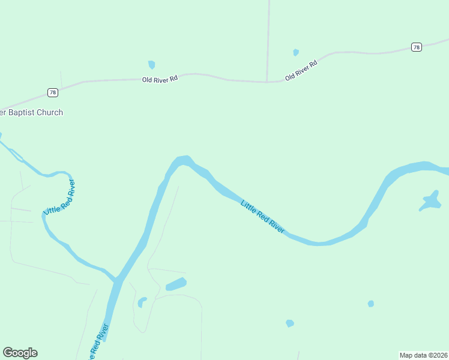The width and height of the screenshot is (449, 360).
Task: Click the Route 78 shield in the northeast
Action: click(417, 47)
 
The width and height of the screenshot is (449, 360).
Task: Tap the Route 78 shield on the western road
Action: click(52, 92)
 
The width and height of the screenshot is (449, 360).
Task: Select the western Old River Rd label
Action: click(160, 79)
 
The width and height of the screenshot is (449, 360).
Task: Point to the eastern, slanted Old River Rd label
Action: click(301, 71)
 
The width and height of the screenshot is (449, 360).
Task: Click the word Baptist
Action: click(25, 112)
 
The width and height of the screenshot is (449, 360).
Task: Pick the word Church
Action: click(51, 112)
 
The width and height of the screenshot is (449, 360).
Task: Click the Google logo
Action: click(20, 353)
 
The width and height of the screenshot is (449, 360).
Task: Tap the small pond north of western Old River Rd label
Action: click(152, 64)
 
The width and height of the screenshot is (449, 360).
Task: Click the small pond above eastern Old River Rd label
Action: click(295, 52)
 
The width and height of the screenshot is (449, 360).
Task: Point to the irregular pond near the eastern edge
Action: click(431, 200)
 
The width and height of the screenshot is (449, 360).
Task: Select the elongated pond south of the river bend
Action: click(176, 284)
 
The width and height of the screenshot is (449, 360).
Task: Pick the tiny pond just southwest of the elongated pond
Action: click(142, 302)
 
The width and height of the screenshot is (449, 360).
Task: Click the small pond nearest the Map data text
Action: click(371, 304)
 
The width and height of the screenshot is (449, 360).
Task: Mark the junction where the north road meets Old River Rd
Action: click(267, 82)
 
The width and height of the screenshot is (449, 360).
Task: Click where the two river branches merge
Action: click(118, 280)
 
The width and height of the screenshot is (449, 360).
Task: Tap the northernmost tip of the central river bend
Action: click(183, 158)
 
